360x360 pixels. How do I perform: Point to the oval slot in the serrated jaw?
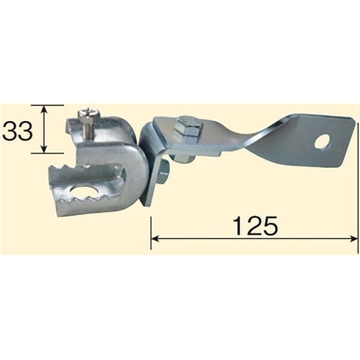(85, 192)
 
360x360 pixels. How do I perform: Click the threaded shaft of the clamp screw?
(86, 130)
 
